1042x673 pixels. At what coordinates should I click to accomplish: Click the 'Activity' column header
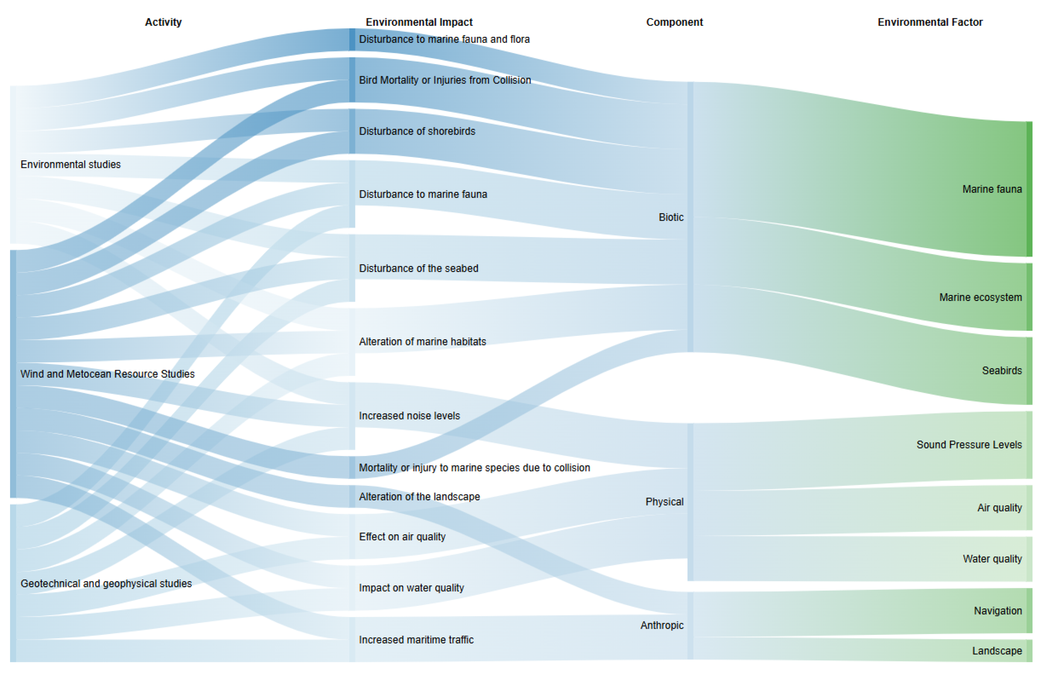[x=163, y=22]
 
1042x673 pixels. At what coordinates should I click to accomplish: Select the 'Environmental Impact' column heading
[x=419, y=22]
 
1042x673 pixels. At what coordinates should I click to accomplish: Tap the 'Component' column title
[x=674, y=22]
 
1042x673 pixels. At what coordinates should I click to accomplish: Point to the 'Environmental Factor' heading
[x=930, y=22]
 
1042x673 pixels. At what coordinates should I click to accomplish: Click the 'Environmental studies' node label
[x=70, y=164]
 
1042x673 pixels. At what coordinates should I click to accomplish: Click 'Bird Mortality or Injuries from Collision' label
[x=444, y=80]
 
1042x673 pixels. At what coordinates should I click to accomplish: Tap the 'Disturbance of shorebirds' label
[x=416, y=131]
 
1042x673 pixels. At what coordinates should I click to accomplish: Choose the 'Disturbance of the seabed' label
[x=418, y=268]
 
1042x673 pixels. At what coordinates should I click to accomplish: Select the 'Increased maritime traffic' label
[x=416, y=639]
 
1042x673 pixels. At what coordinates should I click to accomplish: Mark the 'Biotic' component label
[x=671, y=217]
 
